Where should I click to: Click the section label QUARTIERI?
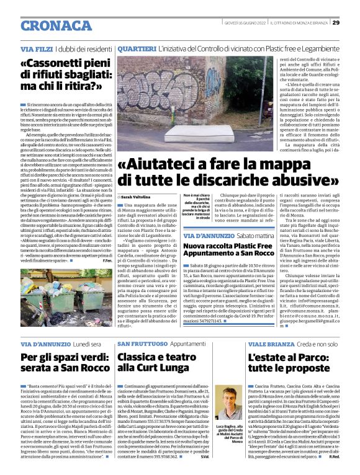136,48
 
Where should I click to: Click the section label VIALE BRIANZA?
267,343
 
